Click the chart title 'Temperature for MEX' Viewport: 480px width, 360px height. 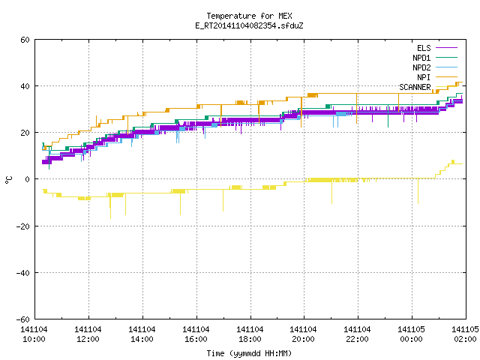[x=249, y=16]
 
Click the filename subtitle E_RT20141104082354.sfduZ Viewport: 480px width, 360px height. [x=249, y=25]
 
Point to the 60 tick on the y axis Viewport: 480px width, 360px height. [x=25, y=40]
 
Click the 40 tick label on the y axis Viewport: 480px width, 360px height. [x=25, y=86]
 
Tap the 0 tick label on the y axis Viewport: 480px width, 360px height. [x=28, y=179]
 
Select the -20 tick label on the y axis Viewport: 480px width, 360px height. [x=23, y=226]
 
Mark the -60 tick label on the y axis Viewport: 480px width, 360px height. [x=23, y=319]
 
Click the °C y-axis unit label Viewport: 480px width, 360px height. [x=9, y=180]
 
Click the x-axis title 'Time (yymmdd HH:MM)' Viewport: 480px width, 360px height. [x=249, y=353]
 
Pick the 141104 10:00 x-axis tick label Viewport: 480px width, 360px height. [x=34, y=334]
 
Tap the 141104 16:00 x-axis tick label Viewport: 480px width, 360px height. [x=196, y=334]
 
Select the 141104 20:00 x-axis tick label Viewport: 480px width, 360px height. [x=303, y=334]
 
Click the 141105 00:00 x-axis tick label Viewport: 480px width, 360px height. [x=411, y=334]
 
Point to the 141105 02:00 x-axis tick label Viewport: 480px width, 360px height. [x=465, y=334]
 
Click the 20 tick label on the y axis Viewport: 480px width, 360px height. [x=25, y=133]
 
